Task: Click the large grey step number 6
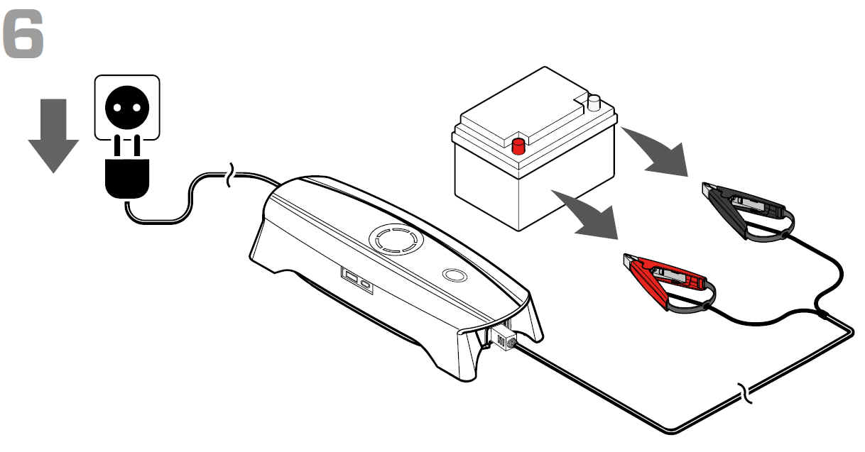pyautogui.click(x=23, y=34)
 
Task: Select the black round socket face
pyautogui.click(x=127, y=108)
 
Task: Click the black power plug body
pyautogui.click(x=127, y=178)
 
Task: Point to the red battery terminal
pyautogui.click(x=518, y=146)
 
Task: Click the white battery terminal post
pyautogui.click(x=594, y=103)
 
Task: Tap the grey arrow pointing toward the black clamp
pyautogui.click(x=658, y=153)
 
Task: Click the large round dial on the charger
pyautogui.click(x=396, y=239)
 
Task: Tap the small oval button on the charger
pyautogui.click(x=455, y=275)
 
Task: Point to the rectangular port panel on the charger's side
pyautogui.click(x=357, y=280)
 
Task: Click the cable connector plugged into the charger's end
pyautogui.click(x=504, y=338)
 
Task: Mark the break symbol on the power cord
pyautogui.click(x=230, y=175)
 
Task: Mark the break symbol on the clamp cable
pyautogui.click(x=745, y=394)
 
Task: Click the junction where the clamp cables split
pyautogui.click(x=822, y=314)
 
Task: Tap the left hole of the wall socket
pyautogui.click(x=117, y=108)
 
